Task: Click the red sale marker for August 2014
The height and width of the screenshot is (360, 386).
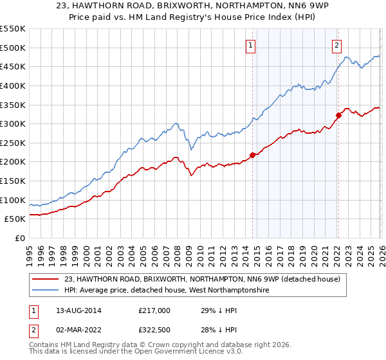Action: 252,155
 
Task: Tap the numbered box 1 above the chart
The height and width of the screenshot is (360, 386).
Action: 250,45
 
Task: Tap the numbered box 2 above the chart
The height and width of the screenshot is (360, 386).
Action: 336,45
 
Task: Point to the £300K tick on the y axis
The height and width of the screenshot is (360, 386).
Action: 13,123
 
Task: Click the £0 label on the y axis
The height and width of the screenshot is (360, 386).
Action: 19,238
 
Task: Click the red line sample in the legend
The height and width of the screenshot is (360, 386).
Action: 46,279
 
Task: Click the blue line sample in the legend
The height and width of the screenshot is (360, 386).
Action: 46,291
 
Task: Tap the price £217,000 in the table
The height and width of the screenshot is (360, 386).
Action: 154,310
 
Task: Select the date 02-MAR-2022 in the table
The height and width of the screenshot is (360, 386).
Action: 73,329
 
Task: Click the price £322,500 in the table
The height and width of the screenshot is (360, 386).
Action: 154,329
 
